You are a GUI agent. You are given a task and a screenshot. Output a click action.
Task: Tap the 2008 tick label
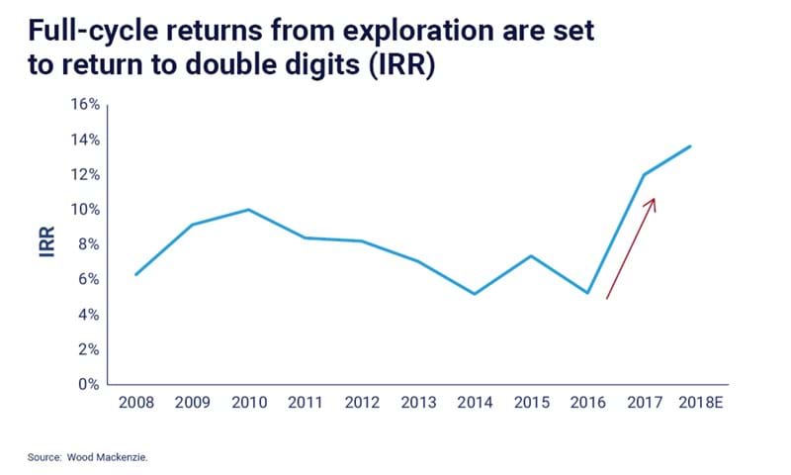point(135,404)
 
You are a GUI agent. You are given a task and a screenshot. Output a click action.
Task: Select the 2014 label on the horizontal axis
point(475,404)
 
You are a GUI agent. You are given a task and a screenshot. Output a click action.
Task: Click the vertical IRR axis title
point(45,244)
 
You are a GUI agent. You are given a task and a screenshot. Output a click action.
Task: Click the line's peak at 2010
point(248,209)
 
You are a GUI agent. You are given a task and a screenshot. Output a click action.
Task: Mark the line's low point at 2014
point(475,294)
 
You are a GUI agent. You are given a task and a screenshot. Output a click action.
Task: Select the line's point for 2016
point(588,293)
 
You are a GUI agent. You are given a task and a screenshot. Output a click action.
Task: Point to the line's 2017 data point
point(645,174)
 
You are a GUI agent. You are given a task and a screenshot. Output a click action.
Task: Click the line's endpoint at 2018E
point(690,145)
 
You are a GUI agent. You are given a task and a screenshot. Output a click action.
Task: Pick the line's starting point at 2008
point(135,274)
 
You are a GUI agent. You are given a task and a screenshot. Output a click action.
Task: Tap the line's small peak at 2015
point(532,256)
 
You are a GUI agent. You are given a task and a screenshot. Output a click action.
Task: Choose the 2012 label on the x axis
point(362,404)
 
